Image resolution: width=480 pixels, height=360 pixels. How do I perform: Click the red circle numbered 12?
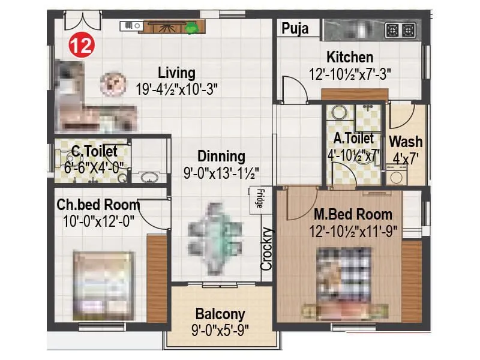81,46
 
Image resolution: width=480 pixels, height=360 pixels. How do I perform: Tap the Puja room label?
296,28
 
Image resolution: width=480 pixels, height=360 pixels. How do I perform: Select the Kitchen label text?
350,58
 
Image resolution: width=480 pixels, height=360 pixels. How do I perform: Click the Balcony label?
220,314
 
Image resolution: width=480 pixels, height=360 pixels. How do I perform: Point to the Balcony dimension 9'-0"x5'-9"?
220,329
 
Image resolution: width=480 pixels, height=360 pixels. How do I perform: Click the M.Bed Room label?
353,214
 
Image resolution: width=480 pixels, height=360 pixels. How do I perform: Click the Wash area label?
406,142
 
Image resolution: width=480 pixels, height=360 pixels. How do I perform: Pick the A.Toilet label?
354,139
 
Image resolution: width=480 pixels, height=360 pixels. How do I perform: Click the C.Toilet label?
94,152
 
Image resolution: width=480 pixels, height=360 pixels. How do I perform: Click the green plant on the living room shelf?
192,27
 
